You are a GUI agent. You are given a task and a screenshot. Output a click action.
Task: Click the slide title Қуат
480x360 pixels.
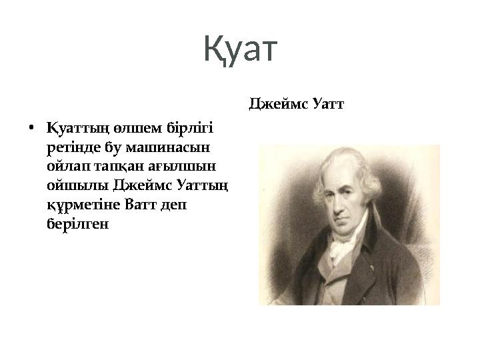(239, 50)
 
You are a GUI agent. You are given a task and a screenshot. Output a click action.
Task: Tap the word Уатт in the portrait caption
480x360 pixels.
(327, 104)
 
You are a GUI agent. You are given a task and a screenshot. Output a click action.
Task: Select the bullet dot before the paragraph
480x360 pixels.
(32, 128)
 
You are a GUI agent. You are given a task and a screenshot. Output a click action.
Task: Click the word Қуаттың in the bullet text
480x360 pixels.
(71, 127)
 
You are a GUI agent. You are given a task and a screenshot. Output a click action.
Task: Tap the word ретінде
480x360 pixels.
(71, 145)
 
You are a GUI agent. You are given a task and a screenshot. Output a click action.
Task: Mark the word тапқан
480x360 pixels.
(119, 165)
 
